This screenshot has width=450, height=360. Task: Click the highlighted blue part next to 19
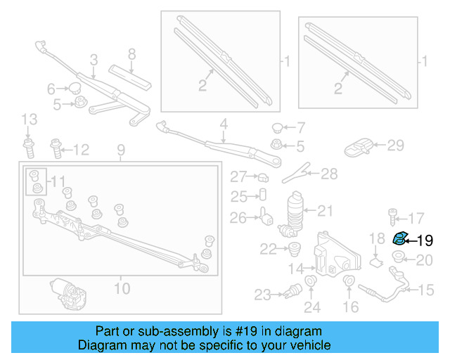click(399, 239)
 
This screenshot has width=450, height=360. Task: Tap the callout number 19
click(425, 240)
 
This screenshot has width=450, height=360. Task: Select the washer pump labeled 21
click(295, 212)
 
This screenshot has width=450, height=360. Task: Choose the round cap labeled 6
click(72, 89)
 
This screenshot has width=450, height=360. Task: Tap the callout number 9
click(120, 149)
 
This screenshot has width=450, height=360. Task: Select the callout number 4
click(223, 126)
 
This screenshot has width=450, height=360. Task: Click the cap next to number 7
click(277, 128)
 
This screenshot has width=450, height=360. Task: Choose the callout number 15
click(427, 289)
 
